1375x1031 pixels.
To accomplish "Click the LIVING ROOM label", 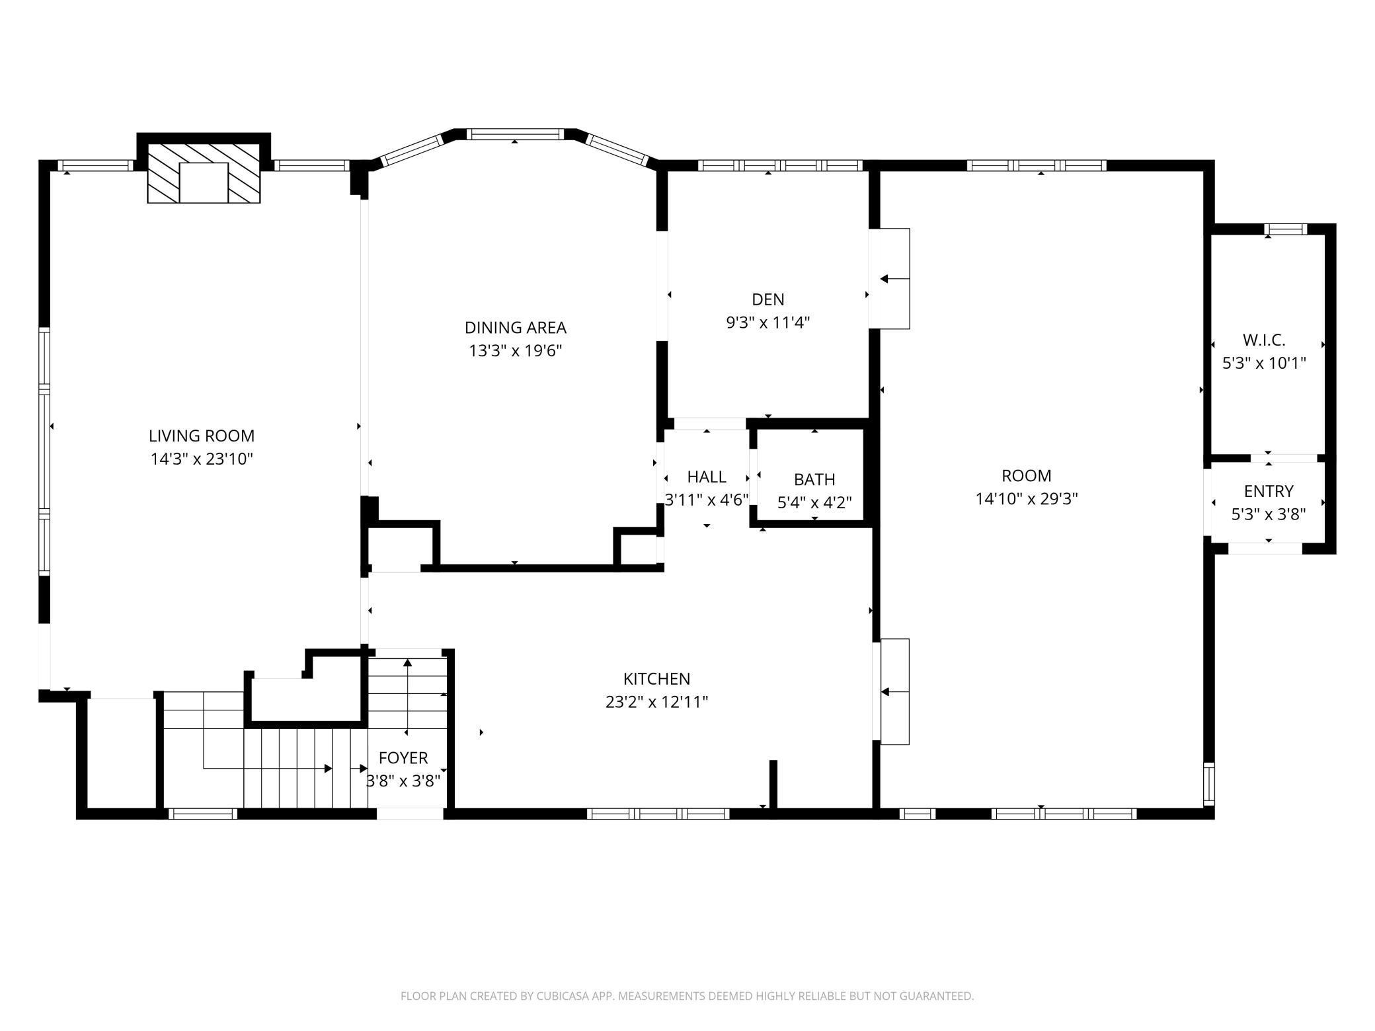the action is point(202,436).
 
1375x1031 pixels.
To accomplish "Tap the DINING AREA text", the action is point(516,328).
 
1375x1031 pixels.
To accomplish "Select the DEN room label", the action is point(768,299).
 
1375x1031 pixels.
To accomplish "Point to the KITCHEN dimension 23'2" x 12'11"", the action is point(656,702).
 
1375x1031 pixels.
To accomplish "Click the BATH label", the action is point(814,479).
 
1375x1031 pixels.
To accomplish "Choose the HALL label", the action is point(707,477).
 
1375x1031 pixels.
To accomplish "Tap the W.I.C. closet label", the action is point(1264,340).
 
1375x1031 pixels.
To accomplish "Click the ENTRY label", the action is point(1269,491).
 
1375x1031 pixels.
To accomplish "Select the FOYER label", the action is point(403,757).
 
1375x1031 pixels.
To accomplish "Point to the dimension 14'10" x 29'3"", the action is point(1027,499).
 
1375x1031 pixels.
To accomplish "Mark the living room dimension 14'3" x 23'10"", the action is point(202,459).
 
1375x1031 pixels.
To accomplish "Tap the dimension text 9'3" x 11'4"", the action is point(768,323).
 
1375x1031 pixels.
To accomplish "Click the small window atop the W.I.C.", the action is point(1286,229).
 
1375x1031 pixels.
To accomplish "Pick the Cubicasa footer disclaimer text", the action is point(687,996).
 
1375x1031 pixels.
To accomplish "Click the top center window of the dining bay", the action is point(515,134).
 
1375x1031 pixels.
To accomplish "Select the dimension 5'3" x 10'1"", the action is point(1264,363).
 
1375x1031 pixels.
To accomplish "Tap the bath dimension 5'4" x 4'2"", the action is point(814,503).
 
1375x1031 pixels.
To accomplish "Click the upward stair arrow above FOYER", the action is point(407,697).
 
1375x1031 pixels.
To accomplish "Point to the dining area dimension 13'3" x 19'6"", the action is point(516,350).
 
